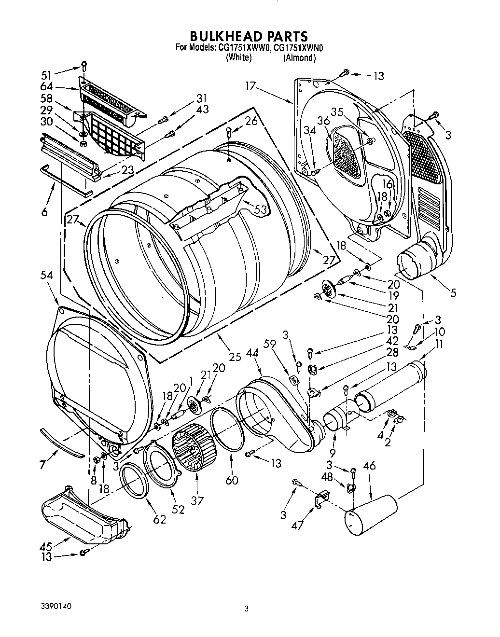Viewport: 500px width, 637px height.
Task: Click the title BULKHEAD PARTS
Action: [249, 36]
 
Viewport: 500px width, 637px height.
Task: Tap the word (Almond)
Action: [299, 58]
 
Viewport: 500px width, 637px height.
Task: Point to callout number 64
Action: [47, 87]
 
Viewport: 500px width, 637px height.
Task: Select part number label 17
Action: [250, 87]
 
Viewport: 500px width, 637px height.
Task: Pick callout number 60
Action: [232, 481]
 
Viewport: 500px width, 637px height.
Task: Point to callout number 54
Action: [47, 275]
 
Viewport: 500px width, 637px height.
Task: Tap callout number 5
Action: [453, 292]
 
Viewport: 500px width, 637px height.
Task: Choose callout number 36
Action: [323, 120]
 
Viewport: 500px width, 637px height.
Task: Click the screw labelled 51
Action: [83, 65]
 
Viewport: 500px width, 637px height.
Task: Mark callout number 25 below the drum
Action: [235, 357]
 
